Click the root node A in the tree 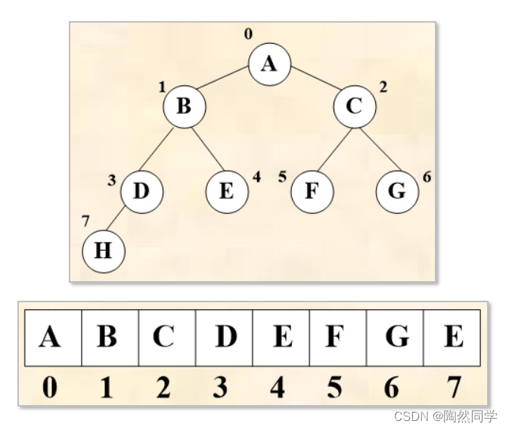(x=269, y=63)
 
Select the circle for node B (x=184, y=106)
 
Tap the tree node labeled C (x=354, y=106)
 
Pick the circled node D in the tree (x=141, y=190)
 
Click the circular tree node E (x=226, y=190)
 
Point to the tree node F (x=311, y=190)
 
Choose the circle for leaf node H (x=103, y=251)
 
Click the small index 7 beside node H (x=85, y=221)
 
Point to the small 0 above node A (x=247, y=34)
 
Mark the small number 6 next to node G (x=427, y=177)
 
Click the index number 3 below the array (x=221, y=387)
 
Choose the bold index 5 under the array (x=334, y=387)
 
